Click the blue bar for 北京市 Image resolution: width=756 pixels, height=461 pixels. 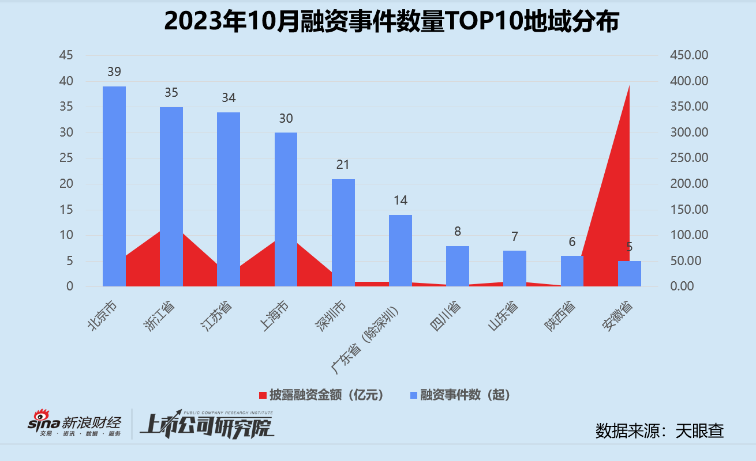(x=114, y=186)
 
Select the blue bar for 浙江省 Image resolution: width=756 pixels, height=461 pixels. (x=171, y=197)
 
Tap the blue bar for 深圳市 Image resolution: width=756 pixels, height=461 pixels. (x=343, y=232)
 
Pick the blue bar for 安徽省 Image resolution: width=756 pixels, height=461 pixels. (x=629, y=274)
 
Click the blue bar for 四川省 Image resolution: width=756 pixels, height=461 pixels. (x=458, y=266)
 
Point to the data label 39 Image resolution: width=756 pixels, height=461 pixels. (x=114, y=72)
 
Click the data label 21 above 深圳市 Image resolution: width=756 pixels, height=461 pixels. (x=343, y=165)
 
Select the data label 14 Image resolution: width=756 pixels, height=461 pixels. (x=400, y=201)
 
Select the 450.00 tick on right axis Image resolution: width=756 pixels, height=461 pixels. (x=688, y=55)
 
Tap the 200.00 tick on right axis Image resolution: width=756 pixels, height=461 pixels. (x=688, y=184)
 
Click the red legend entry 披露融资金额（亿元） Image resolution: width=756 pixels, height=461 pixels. (x=321, y=395)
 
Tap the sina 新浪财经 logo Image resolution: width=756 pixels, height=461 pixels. (x=75, y=424)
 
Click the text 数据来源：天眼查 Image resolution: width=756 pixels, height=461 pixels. (x=659, y=430)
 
